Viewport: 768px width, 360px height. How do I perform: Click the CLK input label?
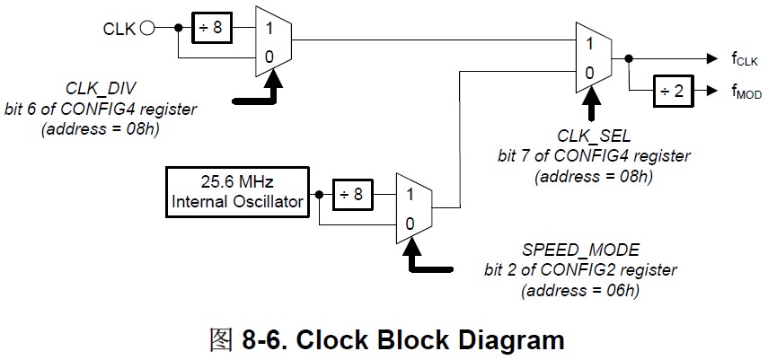click(x=119, y=28)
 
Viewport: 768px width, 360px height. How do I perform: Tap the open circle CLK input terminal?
click(x=148, y=28)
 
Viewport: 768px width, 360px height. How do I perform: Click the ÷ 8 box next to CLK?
click(x=211, y=28)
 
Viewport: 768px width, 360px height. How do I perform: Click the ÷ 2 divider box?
click(x=671, y=91)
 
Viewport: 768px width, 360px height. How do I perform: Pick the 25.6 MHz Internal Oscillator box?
click(x=238, y=191)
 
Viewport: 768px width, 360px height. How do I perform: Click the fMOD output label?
click(x=746, y=92)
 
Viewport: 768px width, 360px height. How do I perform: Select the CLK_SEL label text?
click(x=594, y=136)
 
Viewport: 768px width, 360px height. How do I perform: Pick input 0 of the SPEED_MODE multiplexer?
click(x=410, y=223)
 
